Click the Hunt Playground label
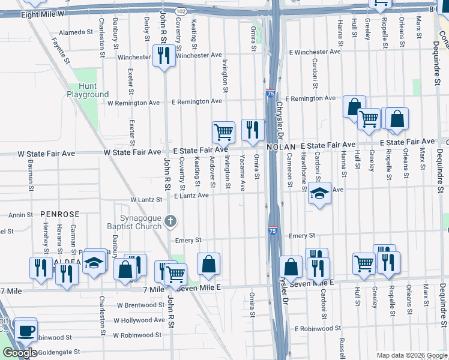[88, 91]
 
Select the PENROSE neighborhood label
[60, 214]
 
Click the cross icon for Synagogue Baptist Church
[170, 221]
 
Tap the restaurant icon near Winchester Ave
[163, 56]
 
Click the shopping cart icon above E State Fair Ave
[223, 131]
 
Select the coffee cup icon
[25, 331]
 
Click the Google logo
[20, 353]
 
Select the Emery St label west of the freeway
[188, 240]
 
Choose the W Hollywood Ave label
[140, 320]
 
